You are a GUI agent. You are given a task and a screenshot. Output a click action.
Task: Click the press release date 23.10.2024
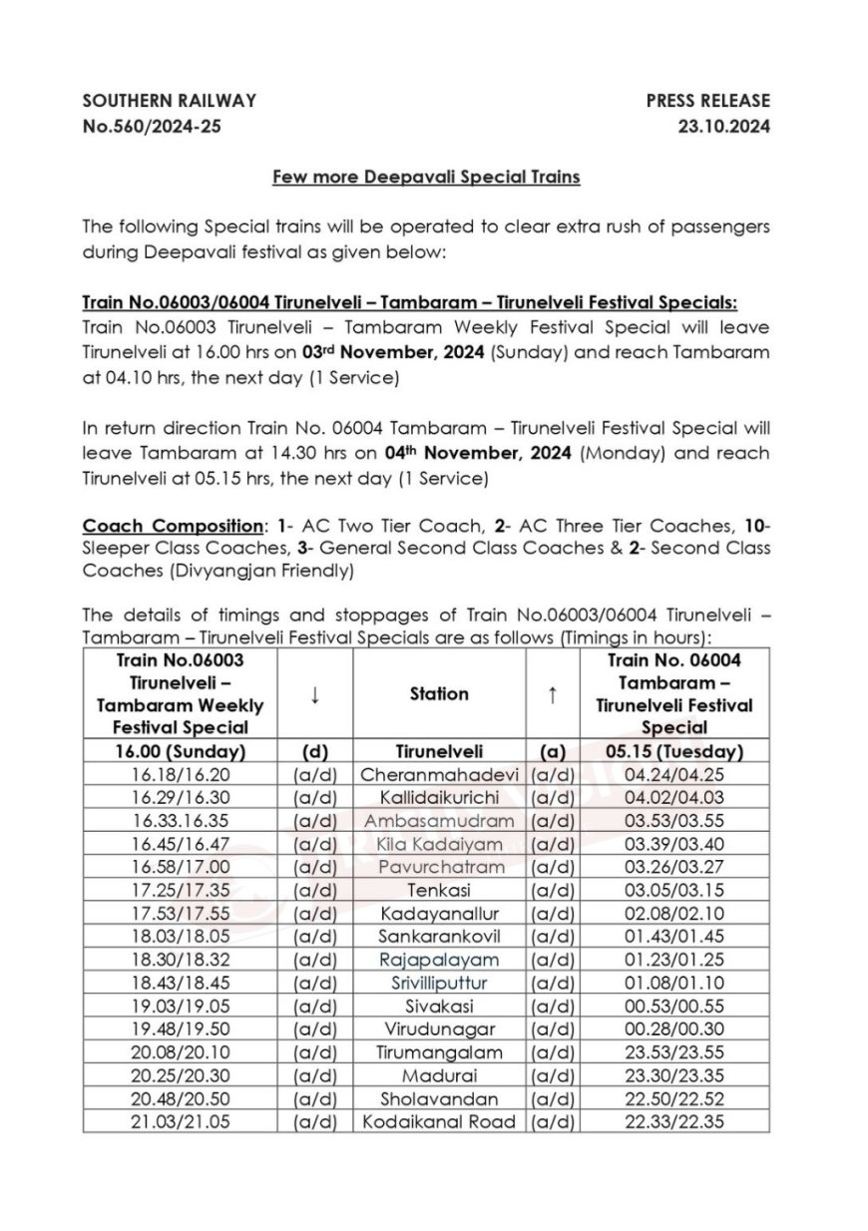pos(719,127)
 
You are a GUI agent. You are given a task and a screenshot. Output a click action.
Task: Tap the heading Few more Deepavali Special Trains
pos(426,178)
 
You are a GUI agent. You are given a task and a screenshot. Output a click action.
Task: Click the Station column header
pos(439,693)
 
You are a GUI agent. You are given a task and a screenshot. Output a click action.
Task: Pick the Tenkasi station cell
pos(439,891)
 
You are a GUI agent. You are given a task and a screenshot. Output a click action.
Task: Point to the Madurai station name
pos(439,1075)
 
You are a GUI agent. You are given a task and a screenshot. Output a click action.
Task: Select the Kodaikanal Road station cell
pos(439,1121)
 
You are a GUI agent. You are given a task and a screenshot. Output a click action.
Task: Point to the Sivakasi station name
pos(439,1007)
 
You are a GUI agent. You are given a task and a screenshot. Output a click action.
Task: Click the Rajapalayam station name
pos(439,960)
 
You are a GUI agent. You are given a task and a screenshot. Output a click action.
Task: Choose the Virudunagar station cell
pos(439,1029)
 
